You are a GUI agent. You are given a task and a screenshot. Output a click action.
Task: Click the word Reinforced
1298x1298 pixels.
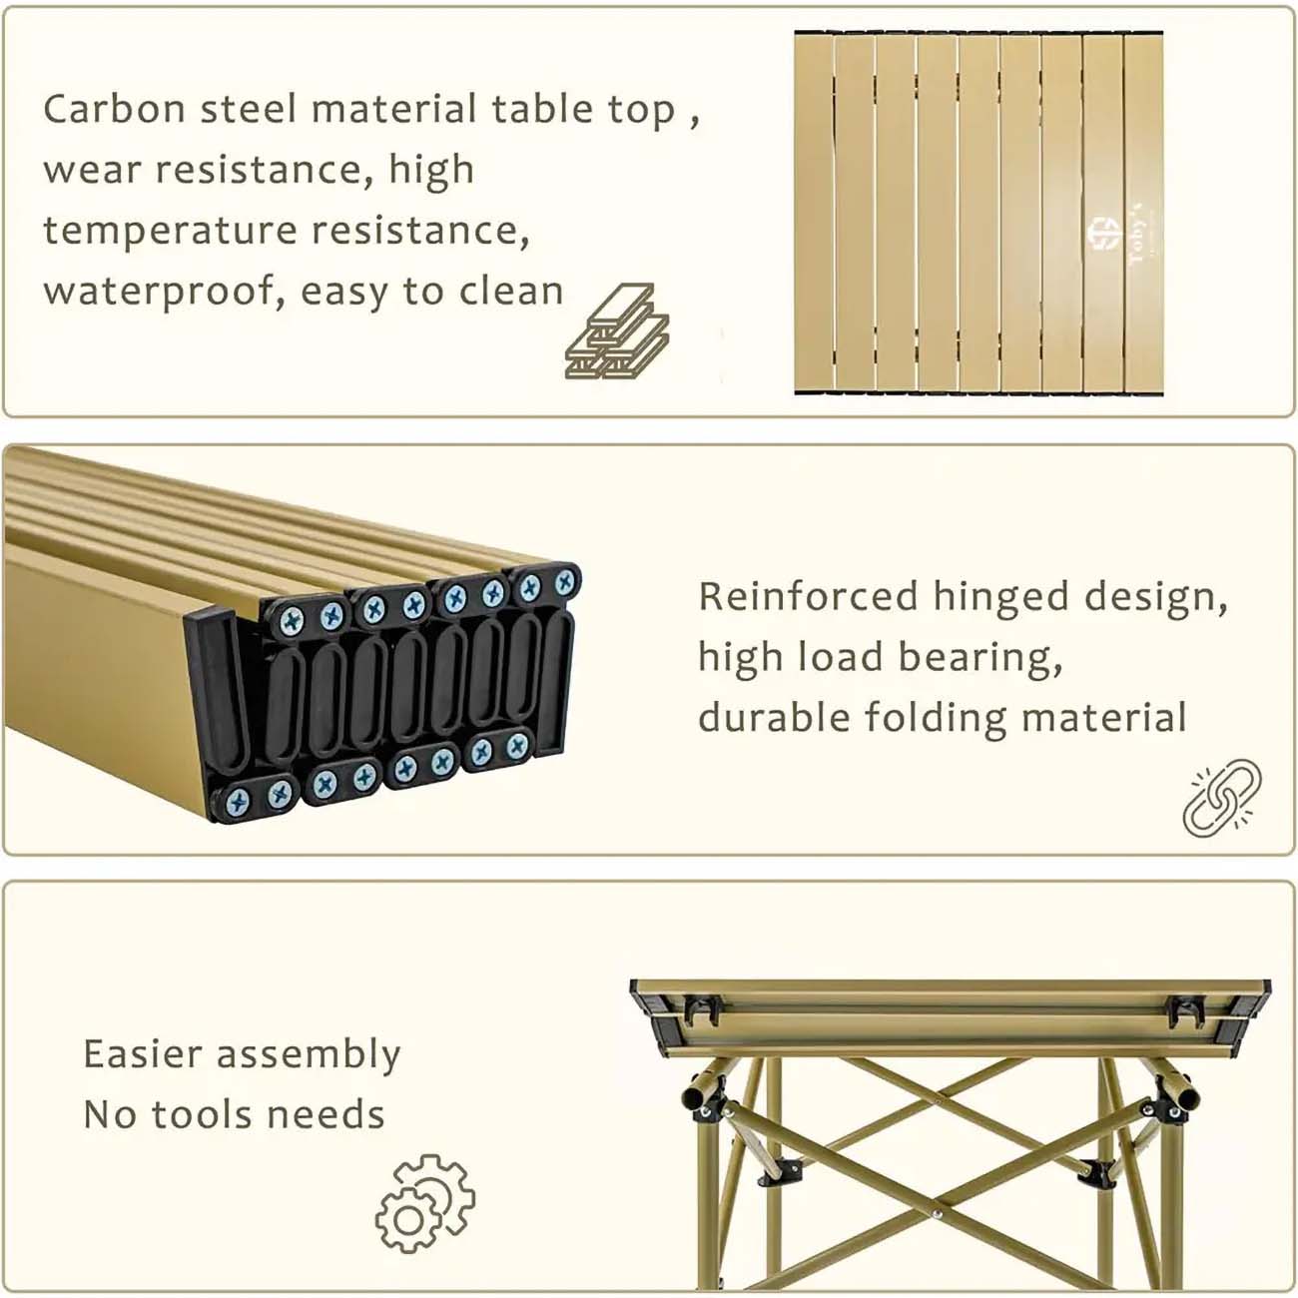807,596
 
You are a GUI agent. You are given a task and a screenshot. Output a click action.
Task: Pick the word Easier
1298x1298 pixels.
143,1054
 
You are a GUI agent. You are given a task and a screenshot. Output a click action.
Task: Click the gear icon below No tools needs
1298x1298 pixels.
424,1204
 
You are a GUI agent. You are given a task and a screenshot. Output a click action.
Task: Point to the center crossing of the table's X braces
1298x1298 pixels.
935,1213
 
